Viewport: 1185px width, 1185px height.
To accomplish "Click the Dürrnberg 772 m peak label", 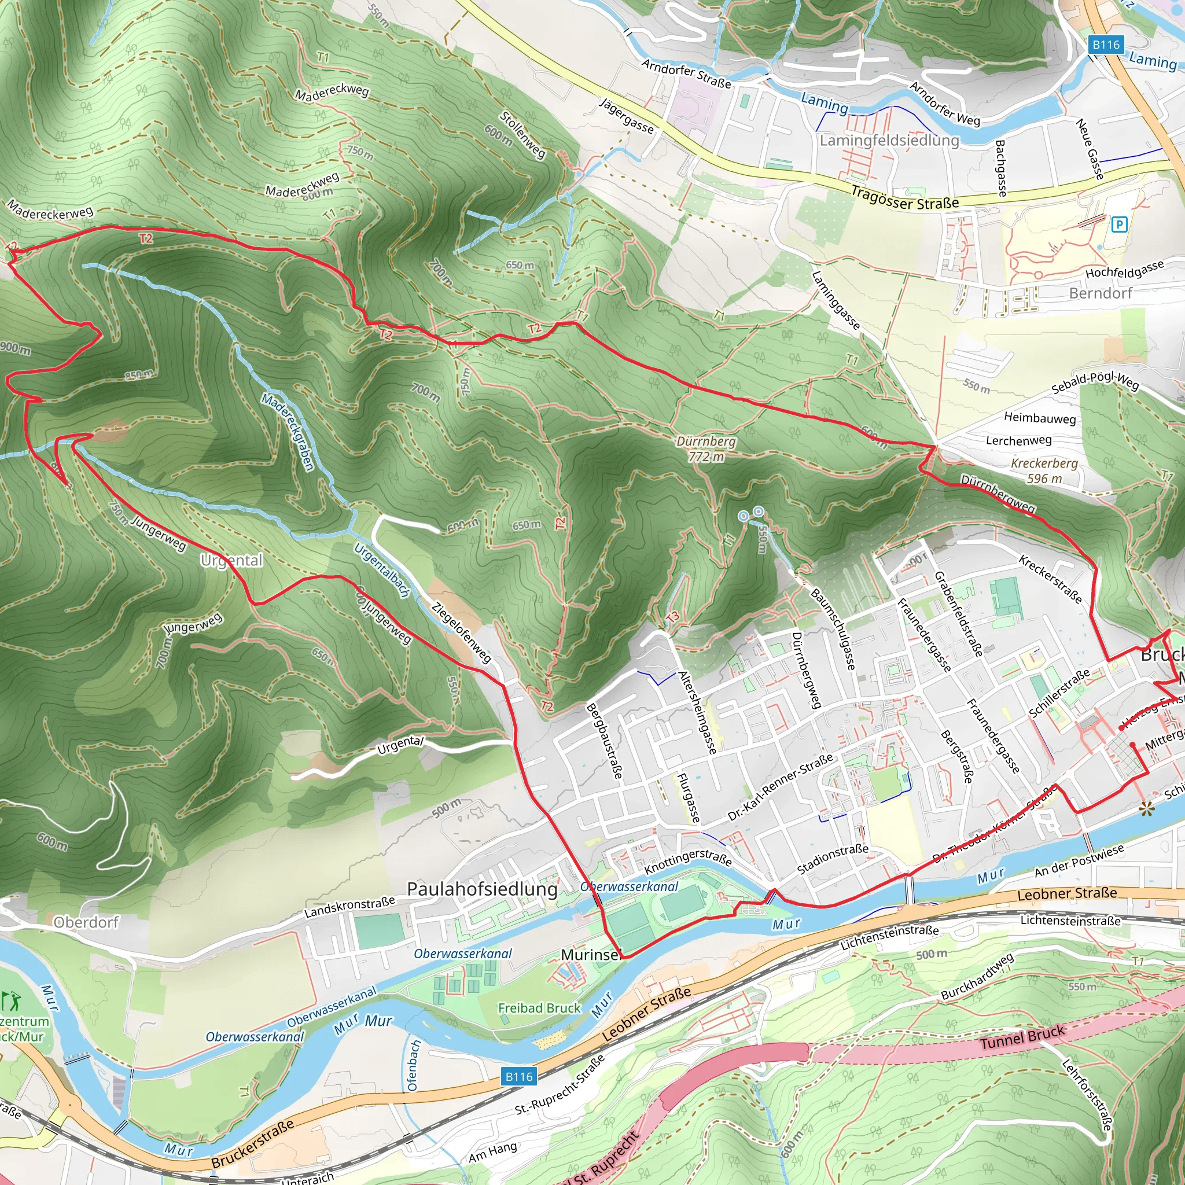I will [706, 449].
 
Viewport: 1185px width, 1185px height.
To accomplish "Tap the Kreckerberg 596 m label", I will [1044, 470].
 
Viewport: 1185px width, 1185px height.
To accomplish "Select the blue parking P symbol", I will [1119, 225].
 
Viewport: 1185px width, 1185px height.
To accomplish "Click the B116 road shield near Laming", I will [1106, 45].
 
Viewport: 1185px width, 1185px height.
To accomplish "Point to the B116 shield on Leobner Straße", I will [519, 1076].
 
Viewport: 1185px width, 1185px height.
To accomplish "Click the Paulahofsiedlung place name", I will [482, 889].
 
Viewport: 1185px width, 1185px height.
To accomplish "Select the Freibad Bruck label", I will [539, 1008].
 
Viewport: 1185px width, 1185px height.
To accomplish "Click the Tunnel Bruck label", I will [1022, 1036].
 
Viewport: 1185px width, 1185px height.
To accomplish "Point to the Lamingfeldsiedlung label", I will [889, 141].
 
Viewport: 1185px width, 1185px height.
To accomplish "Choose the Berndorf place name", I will [1101, 293].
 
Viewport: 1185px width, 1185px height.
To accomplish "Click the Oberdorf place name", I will [86, 922].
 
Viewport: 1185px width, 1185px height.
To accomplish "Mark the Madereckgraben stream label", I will [288, 432].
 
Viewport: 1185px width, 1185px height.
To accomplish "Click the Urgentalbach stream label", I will [381, 571].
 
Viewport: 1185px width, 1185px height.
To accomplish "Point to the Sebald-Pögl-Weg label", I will [1095, 382].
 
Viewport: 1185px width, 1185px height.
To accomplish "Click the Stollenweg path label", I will [522, 135].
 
